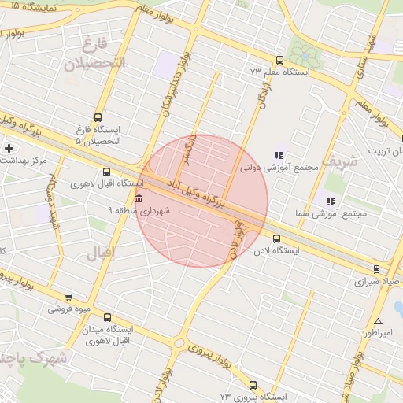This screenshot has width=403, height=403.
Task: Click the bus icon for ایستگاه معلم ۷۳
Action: pyautogui.click(x=279, y=60)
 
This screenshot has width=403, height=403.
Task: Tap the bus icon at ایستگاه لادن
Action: pyautogui.click(x=276, y=238)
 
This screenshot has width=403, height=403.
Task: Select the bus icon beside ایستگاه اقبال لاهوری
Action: pyautogui.click(x=106, y=172)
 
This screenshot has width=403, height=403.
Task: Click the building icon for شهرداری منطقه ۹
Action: pyautogui.click(x=139, y=198)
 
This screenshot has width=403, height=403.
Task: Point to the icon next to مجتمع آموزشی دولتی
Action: pyautogui.click(x=277, y=155)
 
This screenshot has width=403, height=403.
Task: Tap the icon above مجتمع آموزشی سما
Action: pyautogui.click(x=330, y=201)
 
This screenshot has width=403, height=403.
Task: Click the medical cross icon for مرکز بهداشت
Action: pyautogui.click(x=9, y=148)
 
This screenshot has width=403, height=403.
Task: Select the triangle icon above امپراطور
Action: pyautogui.click(x=379, y=321)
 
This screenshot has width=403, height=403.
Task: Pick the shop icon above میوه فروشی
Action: pyautogui.click(x=68, y=298)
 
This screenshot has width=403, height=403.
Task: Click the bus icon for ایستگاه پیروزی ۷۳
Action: pyautogui.click(x=253, y=385)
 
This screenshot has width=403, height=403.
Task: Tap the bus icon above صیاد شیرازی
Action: pyautogui.click(x=376, y=268)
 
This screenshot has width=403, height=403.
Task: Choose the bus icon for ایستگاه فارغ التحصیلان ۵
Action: pyautogui.click(x=98, y=116)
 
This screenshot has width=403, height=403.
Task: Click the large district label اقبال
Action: pyautogui.click(x=99, y=252)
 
